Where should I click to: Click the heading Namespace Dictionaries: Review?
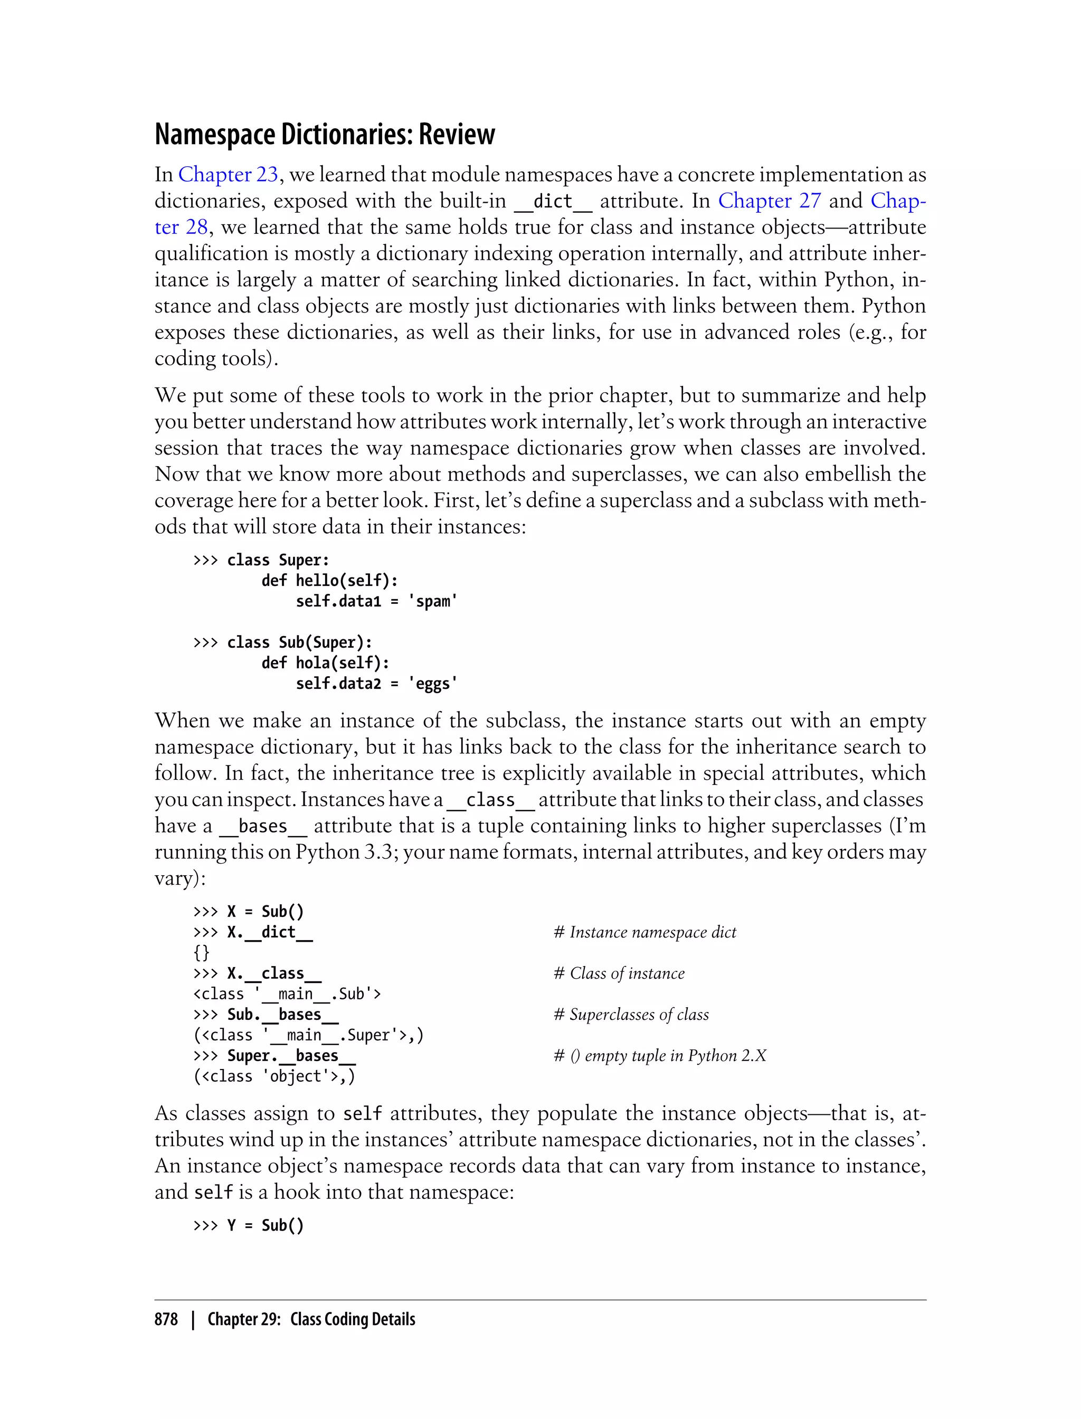pos(325,135)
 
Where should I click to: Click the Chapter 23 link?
pos(228,174)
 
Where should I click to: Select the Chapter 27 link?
pos(770,201)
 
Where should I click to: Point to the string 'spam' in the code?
pos(432,601)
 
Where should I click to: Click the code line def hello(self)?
pos(329,581)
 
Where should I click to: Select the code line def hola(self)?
pos(325,663)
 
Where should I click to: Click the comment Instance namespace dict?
pos(644,932)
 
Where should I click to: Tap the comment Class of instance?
pos(619,973)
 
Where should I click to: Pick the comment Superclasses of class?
pos(631,1014)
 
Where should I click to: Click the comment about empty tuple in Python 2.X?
pos(660,1055)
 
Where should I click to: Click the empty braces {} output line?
pos(202,952)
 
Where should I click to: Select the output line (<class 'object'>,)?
pos(274,1076)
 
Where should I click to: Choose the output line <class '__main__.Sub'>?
pos(287,994)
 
